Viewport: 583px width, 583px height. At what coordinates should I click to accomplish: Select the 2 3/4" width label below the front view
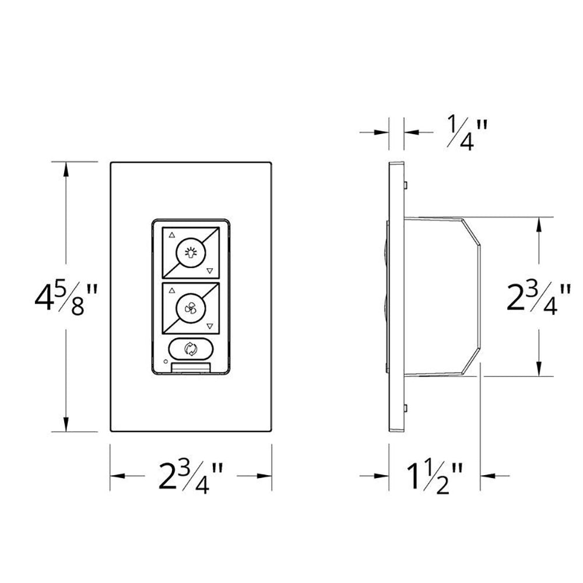tap(191, 476)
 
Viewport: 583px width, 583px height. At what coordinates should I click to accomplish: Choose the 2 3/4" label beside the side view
tap(538, 297)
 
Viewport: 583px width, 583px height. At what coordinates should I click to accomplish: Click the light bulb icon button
tap(189, 252)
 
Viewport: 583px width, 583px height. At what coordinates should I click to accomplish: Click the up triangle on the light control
tap(171, 236)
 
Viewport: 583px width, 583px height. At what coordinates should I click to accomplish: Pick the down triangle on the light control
tap(209, 271)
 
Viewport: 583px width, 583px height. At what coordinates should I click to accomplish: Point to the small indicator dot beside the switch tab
tap(166, 363)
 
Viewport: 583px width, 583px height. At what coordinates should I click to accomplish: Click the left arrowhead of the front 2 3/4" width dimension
tap(116, 476)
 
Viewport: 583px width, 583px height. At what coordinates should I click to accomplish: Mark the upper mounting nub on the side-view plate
tap(404, 185)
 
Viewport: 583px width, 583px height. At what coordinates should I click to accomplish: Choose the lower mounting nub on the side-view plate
tap(404, 407)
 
